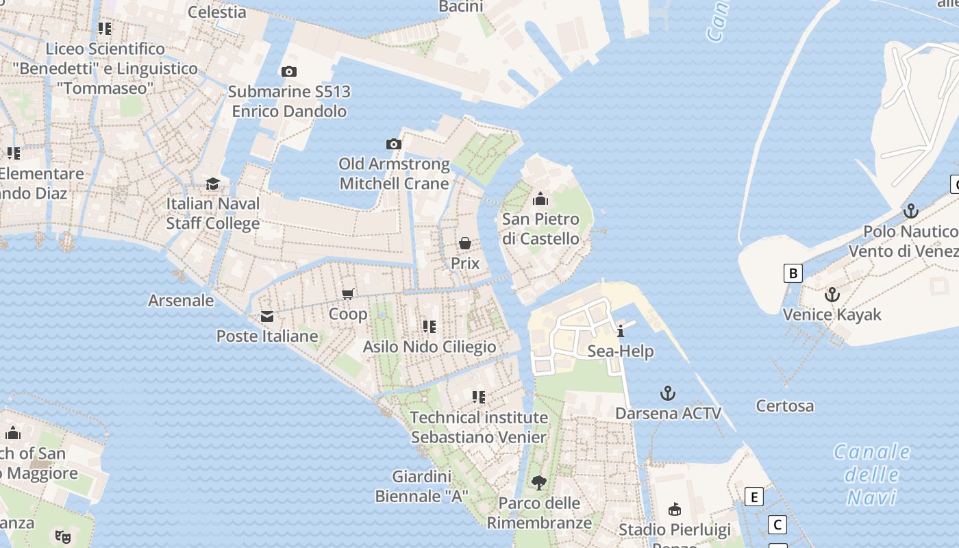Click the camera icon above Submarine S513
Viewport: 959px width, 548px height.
(x=289, y=71)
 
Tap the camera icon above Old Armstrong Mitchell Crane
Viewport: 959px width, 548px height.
(x=394, y=144)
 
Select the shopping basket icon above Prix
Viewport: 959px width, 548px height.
(x=465, y=243)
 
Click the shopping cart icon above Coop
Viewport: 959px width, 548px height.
(x=348, y=294)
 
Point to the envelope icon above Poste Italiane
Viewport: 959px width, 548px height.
(x=267, y=316)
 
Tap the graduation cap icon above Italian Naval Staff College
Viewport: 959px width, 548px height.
(x=213, y=184)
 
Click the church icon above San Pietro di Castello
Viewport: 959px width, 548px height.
(x=540, y=199)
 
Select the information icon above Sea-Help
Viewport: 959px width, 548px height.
(x=621, y=332)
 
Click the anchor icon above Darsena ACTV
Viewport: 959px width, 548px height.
(x=668, y=393)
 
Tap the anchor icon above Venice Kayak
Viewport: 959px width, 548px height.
(x=832, y=295)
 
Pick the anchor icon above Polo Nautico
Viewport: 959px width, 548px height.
(x=911, y=211)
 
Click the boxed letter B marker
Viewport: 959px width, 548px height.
(x=793, y=273)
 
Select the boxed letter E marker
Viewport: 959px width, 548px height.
(x=754, y=497)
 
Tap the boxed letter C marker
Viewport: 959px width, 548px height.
(x=777, y=525)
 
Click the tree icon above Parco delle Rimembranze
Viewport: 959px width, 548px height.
(x=539, y=483)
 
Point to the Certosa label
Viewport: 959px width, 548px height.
(x=785, y=406)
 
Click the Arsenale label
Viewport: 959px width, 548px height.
(x=181, y=300)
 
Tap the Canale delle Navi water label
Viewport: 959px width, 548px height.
(x=872, y=474)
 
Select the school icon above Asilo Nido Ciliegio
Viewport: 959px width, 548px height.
(x=429, y=327)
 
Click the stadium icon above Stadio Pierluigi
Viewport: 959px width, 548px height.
(x=675, y=509)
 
